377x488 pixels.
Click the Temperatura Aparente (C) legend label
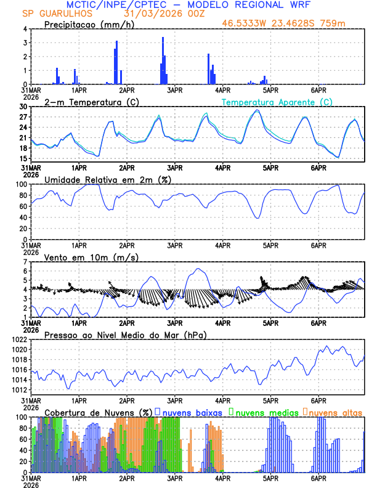277,102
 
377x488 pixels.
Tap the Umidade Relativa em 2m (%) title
108,179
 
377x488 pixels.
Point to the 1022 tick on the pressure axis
20,340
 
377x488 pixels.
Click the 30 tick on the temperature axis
23,107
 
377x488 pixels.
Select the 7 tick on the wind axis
26,262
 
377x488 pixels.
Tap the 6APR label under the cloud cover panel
318,478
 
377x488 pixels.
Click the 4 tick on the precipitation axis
26,29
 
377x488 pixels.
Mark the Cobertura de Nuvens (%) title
99,412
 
